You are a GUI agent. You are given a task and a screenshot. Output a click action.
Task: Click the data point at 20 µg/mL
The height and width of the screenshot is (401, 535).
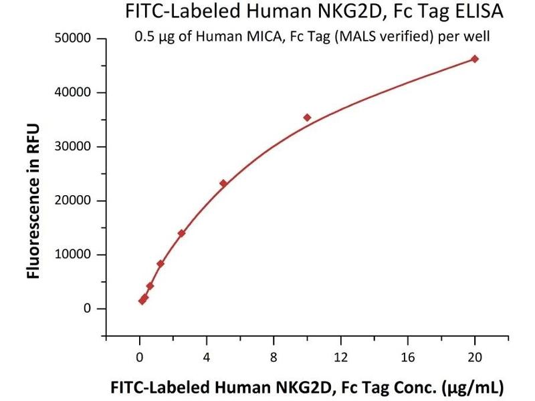475,59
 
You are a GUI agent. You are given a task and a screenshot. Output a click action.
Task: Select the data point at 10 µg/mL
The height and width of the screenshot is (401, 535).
307,118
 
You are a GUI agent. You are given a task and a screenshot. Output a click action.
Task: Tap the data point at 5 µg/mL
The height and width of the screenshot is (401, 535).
223,183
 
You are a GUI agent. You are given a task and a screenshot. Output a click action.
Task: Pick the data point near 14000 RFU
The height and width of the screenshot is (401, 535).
181,233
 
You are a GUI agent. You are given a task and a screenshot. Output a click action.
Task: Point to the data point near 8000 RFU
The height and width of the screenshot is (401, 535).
160,264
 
